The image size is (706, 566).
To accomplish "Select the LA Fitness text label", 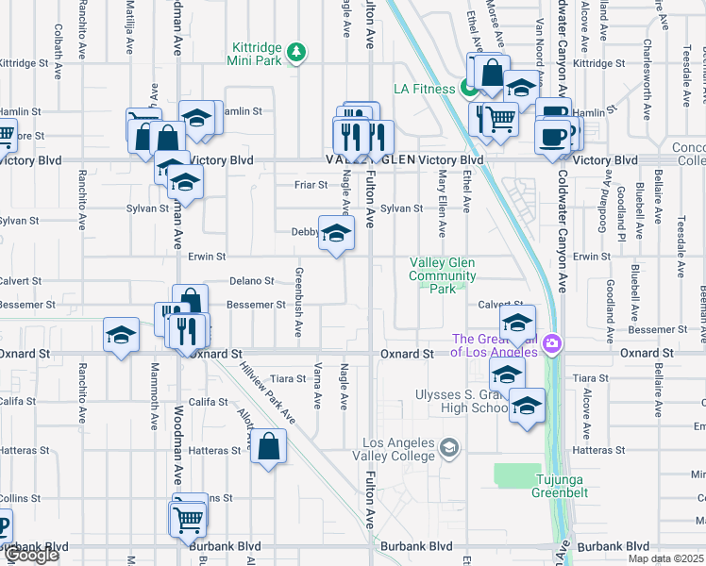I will pyautogui.click(x=425, y=90).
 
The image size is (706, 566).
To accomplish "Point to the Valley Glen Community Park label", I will pyautogui.click(x=442, y=275).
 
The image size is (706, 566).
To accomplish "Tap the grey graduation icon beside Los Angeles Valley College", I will pyautogui.click(x=450, y=447).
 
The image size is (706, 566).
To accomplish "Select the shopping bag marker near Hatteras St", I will pyautogui.click(x=269, y=446).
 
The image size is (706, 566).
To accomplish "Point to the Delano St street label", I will pyautogui.click(x=252, y=281).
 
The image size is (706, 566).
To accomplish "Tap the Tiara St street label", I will pyautogui.click(x=288, y=379).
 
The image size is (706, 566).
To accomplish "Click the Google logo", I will pyautogui.click(x=31, y=556).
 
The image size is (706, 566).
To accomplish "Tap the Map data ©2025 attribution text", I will pyautogui.click(x=665, y=558).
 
